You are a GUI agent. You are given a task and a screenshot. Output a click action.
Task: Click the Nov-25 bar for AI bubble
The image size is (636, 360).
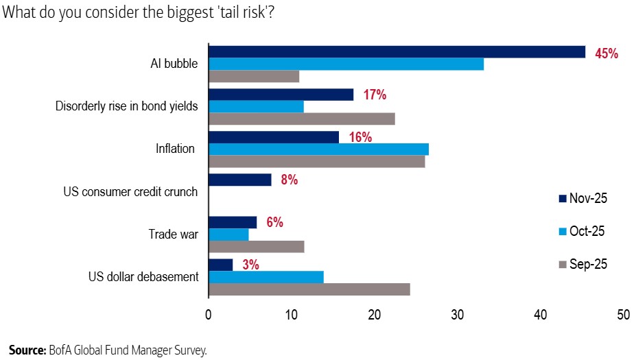tap(397, 52)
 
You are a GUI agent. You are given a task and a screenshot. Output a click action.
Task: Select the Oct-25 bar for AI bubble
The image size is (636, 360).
tap(346, 64)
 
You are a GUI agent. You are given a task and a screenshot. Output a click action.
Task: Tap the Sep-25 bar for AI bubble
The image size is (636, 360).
tap(254, 76)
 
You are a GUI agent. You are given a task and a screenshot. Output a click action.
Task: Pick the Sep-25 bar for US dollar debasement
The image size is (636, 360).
tap(309, 289)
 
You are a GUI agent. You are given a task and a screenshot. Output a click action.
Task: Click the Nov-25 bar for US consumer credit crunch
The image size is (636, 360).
tap(239, 180)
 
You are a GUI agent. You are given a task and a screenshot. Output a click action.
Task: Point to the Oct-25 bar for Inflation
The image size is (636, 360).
tap(318, 149)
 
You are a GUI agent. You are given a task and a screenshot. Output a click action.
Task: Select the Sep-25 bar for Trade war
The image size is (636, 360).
tap(256, 247)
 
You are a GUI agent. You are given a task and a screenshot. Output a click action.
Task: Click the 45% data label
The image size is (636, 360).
tap(606, 53)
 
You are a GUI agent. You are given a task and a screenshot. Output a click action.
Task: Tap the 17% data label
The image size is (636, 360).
tap(375, 95)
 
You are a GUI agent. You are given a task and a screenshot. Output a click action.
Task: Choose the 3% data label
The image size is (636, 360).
tap(250, 265)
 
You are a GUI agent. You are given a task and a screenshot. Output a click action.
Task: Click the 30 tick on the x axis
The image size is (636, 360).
tap(458, 315)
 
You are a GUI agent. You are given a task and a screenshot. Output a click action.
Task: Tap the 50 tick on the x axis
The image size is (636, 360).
tap(623, 315)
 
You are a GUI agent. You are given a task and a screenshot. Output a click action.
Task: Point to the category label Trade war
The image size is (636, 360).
tap(174, 235)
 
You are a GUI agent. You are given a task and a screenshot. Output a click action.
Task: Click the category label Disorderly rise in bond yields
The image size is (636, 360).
tap(126, 106)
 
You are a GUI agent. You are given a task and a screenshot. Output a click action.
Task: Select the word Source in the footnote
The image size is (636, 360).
tap(27, 350)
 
